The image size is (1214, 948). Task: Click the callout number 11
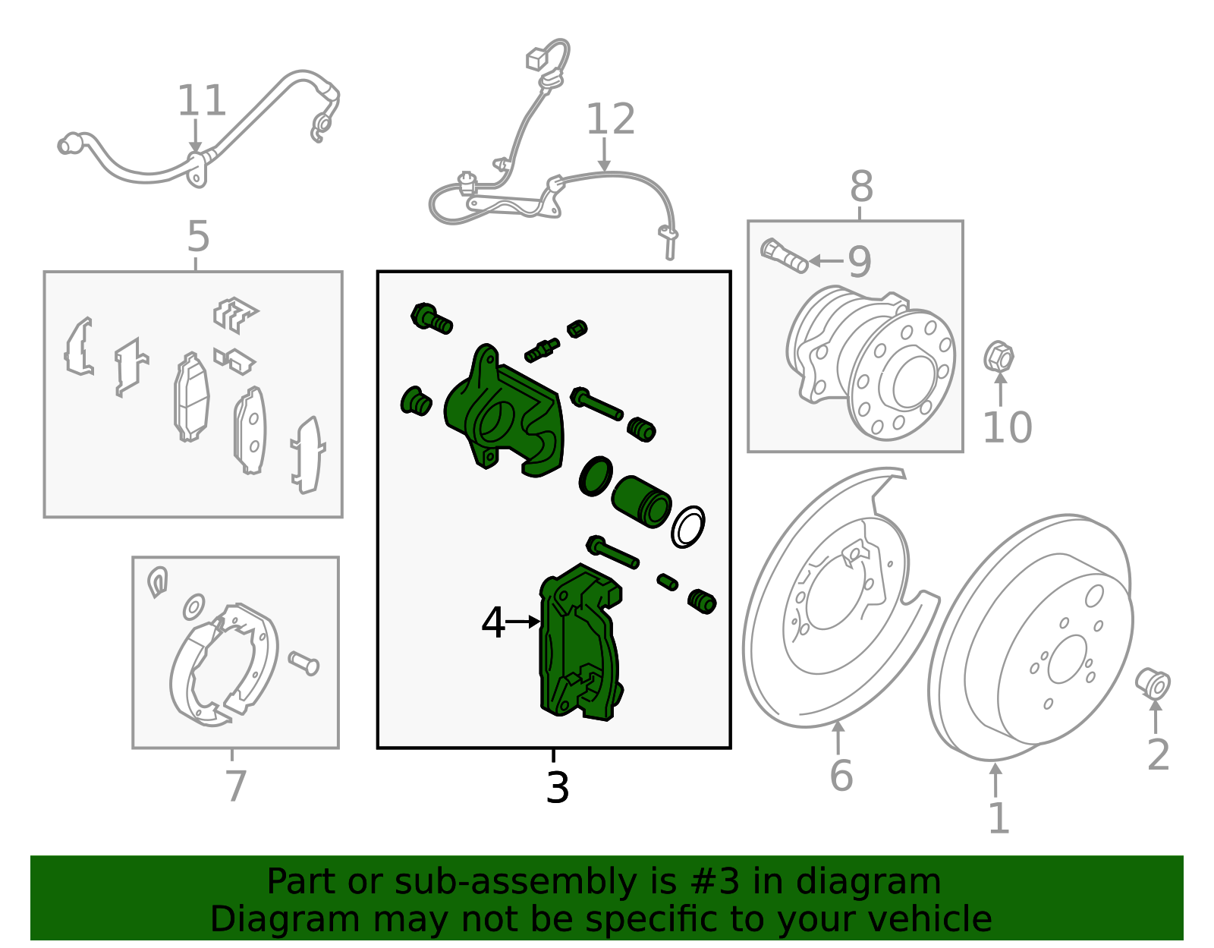(202, 100)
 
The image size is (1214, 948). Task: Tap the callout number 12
(610, 120)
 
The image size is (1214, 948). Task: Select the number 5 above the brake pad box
(198, 237)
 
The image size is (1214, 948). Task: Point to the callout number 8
(861, 187)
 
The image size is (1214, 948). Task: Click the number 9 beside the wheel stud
(859, 261)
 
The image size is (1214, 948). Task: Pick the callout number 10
(1007, 428)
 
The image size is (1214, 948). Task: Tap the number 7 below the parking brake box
(236, 786)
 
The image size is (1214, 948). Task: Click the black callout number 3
(557, 788)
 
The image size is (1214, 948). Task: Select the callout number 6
(841, 776)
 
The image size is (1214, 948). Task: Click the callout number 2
(1158, 754)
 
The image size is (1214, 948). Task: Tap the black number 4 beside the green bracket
(493, 623)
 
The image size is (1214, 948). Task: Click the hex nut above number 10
(999, 357)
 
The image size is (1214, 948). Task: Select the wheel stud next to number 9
(784, 256)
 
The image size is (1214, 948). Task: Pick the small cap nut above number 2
(1153, 683)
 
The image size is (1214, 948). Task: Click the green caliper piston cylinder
(641, 500)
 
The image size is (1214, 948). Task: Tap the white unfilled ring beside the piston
(687, 526)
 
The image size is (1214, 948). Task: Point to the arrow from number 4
(523, 621)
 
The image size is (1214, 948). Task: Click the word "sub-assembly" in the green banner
(515, 881)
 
